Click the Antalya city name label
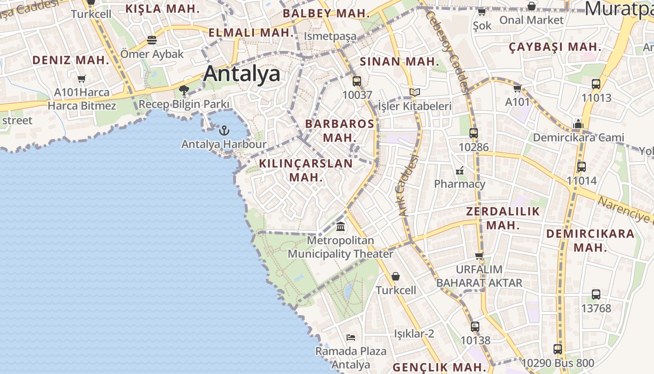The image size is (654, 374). [x=242, y=73]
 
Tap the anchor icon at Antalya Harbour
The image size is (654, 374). [x=224, y=130]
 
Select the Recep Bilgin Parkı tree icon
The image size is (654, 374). [x=184, y=90]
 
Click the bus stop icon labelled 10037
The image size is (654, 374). [x=357, y=81]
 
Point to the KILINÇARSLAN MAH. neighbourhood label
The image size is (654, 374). [x=306, y=170]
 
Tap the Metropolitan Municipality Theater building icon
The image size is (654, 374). [x=341, y=227]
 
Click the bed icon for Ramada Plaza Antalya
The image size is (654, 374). [x=351, y=337]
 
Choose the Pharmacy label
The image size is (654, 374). [x=460, y=184]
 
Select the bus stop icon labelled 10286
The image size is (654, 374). [x=474, y=133]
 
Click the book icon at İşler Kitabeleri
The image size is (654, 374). [x=414, y=92]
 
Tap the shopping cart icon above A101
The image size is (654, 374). [x=517, y=88]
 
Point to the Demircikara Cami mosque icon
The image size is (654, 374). [x=578, y=124]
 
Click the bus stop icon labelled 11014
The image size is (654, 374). [x=582, y=167]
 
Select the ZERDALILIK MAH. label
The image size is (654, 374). [x=503, y=218]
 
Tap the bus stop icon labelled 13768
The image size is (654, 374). [x=596, y=295]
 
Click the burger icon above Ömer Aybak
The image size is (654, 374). [x=152, y=40]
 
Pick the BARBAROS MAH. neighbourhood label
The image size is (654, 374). [x=340, y=130]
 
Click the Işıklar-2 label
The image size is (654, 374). [x=414, y=333]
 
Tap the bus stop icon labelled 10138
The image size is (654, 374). [x=475, y=326]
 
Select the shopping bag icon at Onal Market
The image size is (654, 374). [x=532, y=6]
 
